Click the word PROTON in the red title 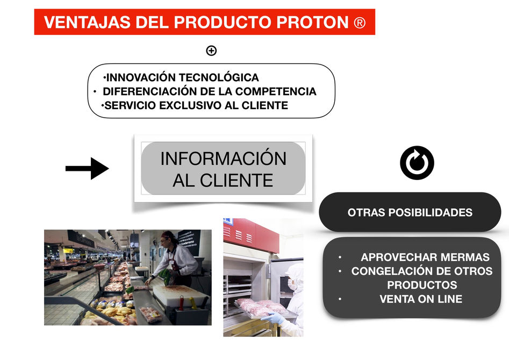(x=312, y=22)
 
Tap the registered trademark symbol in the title (x=360, y=23)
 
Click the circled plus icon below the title (x=211, y=51)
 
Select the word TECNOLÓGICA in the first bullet (x=219, y=77)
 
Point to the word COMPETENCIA (x=276, y=91)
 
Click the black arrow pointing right (x=87, y=168)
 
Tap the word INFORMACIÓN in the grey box (x=224, y=159)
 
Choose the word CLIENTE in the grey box (x=236, y=181)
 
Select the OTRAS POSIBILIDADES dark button (x=410, y=212)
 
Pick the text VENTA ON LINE (x=421, y=299)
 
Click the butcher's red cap (x=168, y=234)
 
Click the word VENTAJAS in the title (x=87, y=22)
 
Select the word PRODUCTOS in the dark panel (x=422, y=285)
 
